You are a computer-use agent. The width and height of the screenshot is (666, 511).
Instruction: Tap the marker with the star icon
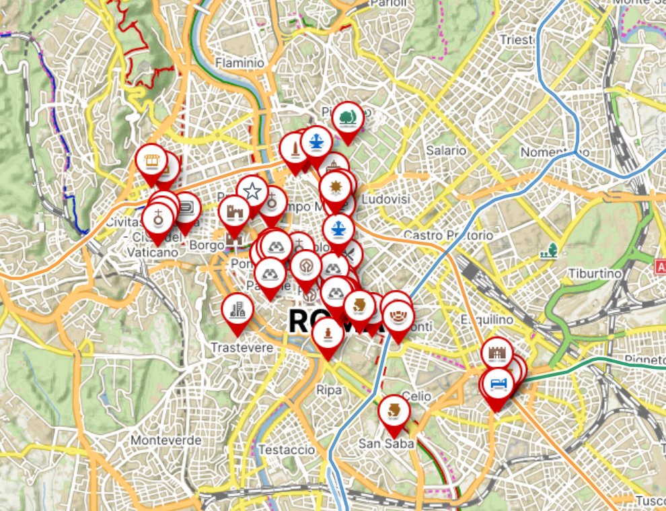coord(252,191)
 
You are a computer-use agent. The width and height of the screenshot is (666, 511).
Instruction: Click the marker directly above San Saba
coord(394,410)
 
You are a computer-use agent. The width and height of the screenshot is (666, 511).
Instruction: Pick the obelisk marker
coord(294,148)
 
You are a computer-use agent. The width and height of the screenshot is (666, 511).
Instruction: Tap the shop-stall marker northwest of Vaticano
coord(151,160)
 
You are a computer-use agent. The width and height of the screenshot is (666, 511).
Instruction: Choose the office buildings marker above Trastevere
coord(237,309)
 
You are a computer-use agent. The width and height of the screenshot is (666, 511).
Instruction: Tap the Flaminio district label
coord(239,63)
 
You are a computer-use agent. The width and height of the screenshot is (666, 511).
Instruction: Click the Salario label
coord(445,151)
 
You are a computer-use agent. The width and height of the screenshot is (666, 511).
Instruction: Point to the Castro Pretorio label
coord(448,235)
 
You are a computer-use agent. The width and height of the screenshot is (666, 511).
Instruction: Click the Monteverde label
coord(166,440)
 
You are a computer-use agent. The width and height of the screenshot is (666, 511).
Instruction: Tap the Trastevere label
coord(242,347)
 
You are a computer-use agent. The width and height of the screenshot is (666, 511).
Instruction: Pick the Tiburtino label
coord(594,273)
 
